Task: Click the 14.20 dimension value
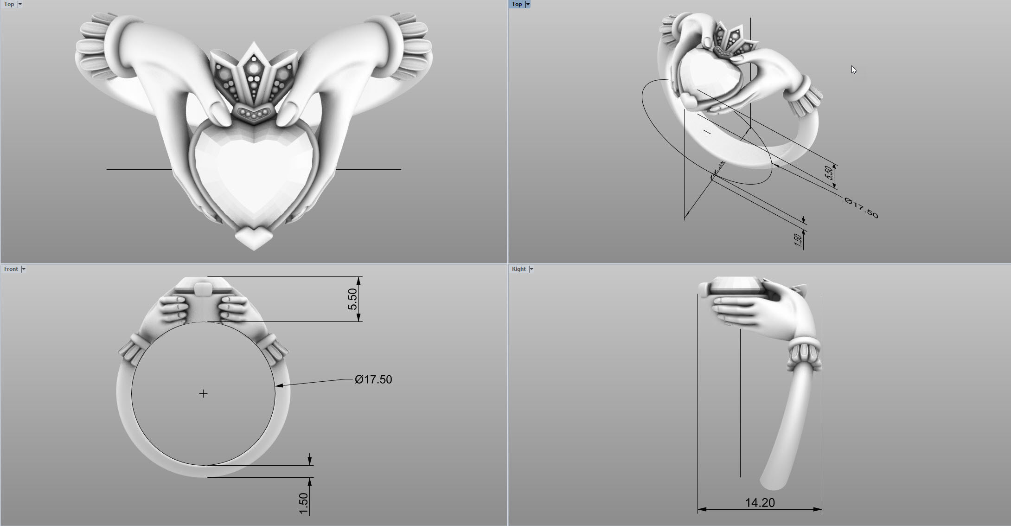pyautogui.click(x=760, y=503)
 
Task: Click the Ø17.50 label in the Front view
pyautogui.click(x=373, y=379)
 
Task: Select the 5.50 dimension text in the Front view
pyautogui.click(x=353, y=299)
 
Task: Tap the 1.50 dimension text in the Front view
pyautogui.click(x=304, y=503)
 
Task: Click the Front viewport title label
pyautogui.click(x=11, y=269)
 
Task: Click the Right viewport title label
pyautogui.click(x=518, y=269)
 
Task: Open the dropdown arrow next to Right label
pyautogui.click(x=531, y=269)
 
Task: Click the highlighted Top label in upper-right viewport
pyautogui.click(x=517, y=4)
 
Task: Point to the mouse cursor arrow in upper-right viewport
pyautogui.click(x=853, y=69)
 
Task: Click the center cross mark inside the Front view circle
pyautogui.click(x=203, y=393)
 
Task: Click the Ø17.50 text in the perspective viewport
pyautogui.click(x=861, y=208)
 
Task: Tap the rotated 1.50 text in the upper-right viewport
pyautogui.click(x=798, y=239)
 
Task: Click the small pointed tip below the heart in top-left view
pyautogui.click(x=254, y=237)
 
